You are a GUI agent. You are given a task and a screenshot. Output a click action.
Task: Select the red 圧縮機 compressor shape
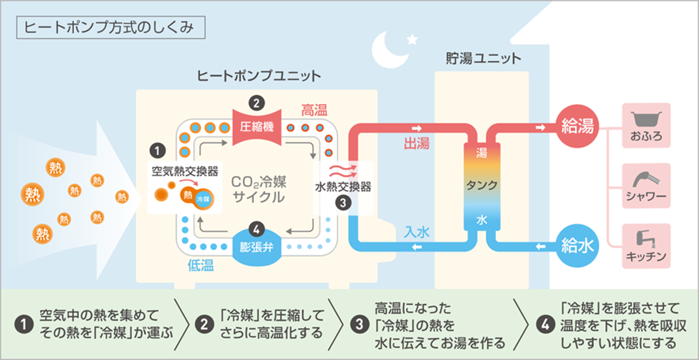coord(257,127)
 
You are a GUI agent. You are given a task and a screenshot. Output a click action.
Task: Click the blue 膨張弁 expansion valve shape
coord(257,246)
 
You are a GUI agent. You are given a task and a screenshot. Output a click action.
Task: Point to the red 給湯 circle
coord(577,127)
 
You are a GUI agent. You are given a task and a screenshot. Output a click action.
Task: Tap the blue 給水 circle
coord(577,246)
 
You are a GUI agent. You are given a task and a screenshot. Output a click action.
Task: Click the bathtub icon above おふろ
coord(646,118)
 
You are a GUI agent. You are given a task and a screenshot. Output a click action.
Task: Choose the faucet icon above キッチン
coord(646,238)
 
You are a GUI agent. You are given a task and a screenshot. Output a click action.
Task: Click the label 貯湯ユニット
coord(483,59)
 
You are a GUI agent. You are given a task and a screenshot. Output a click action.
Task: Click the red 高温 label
coord(314,110)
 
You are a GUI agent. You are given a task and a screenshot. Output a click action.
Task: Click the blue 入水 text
coord(416,232)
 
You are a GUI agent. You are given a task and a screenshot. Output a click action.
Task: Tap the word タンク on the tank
coord(482,185)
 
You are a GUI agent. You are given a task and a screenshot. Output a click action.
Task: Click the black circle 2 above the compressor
coord(256,103)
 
